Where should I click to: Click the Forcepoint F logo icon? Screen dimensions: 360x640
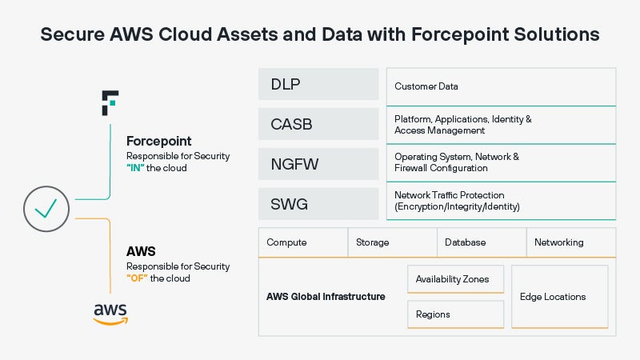pyautogui.click(x=110, y=104)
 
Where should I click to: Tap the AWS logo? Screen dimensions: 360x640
pyautogui.click(x=110, y=313)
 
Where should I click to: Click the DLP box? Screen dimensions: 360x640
pyautogui.click(x=318, y=84)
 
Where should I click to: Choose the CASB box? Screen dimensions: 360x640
pyautogui.click(x=318, y=124)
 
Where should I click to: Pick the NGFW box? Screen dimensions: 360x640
pyautogui.click(x=318, y=164)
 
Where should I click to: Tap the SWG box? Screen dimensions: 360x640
pyautogui.click(x=318, y=204)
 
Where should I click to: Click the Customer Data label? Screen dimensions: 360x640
pyautogui.click(x=426, y=86)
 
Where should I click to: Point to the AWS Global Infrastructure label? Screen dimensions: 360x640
pyautogui.click(x=326, y=297)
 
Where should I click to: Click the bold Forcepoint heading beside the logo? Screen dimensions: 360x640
pyautogui.click(x=159, y=142)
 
